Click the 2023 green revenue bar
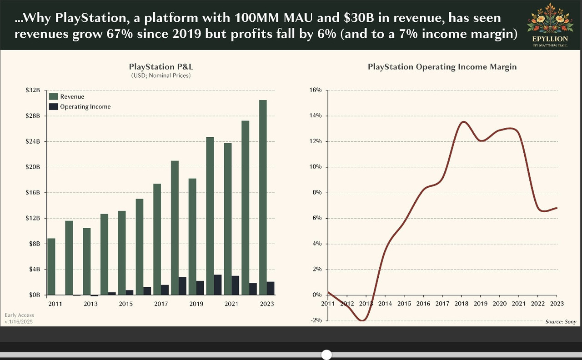(263, 197)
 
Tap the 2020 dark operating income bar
(218, 285)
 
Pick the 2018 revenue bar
(175, 227)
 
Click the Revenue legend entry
(72, 96)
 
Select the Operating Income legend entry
(85, 106)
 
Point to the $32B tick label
(33, 90)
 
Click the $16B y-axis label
(33, 193)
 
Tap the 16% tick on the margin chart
(315, 90)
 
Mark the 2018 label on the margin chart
(462, 304)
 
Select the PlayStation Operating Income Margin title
(442, 67)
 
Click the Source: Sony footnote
(561, 322)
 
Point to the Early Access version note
(19, 318)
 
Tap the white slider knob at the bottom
(326, 355)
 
